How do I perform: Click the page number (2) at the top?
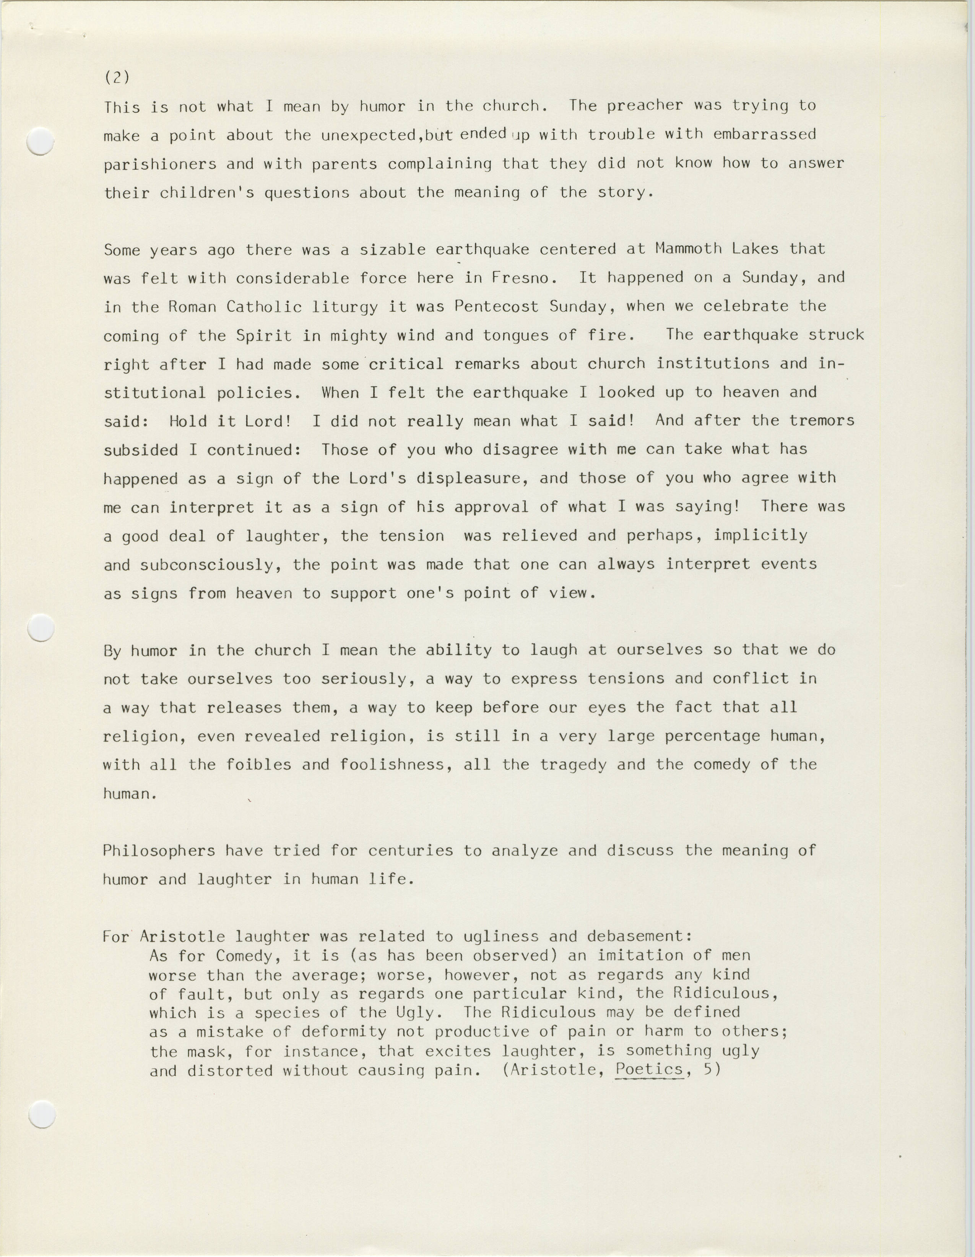point(117,77)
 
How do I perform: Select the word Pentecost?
point(496,306)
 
